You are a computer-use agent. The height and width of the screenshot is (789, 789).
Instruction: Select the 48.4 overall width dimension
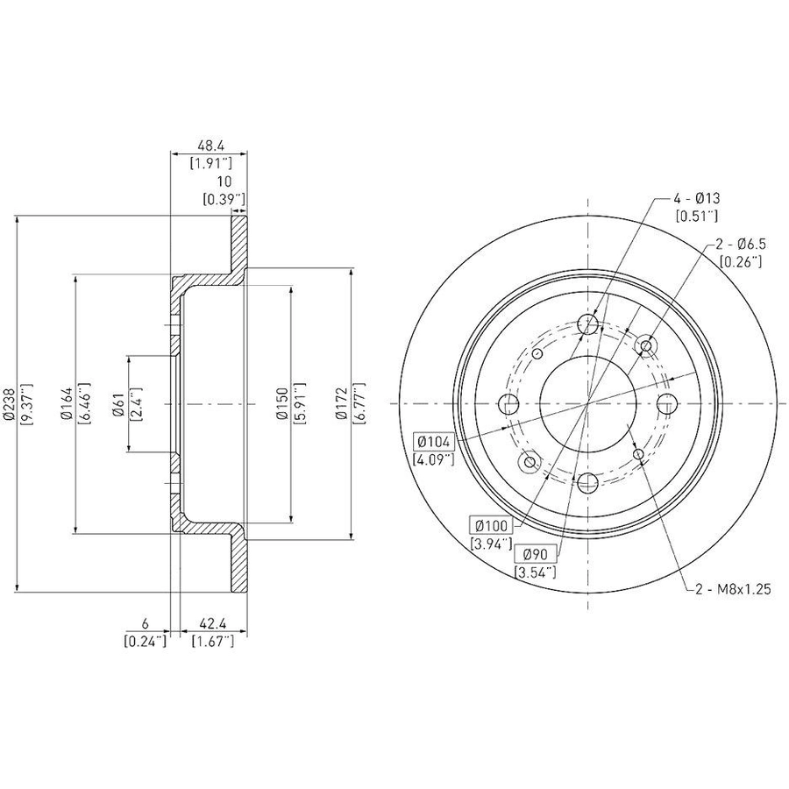[210, 146]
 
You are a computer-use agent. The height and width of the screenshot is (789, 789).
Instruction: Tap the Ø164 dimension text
[66, 404]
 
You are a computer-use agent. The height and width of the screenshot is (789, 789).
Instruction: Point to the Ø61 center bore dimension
[118, 404]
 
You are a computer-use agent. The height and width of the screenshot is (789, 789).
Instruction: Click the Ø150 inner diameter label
[283, 404]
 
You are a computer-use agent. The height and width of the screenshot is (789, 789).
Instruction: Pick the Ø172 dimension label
[342, 404]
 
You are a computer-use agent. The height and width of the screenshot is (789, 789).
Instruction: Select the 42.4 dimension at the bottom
[213, 624]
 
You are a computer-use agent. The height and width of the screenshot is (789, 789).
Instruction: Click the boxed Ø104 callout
[435, 443]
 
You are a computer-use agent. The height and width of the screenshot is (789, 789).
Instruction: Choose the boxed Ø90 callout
[535, 555]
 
